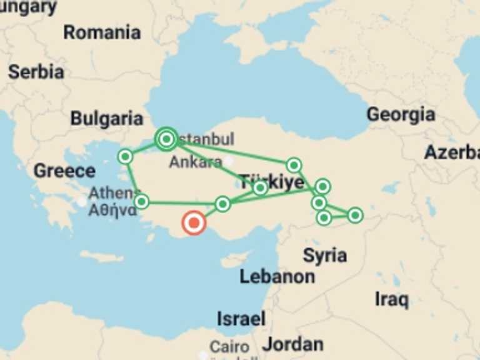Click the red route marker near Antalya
tap(194, 222)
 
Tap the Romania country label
tap(102, 32)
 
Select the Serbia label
tap(36, 72)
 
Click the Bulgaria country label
tap(107, 118)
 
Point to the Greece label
tap(64, 171)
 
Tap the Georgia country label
tap(401, 114)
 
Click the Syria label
tap(325, 255)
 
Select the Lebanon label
tap(277, 276)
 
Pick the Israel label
tap(241, 318)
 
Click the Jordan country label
tap(292, 344)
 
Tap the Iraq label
tap(392, 299)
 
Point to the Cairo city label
tap(229, 346)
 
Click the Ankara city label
tap(195, 162)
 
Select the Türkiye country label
tap(272, 182)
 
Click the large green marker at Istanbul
tap(166, 139)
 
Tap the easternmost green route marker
tap(355, 215)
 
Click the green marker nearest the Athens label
tap(142, 201)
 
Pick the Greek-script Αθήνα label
tap(112, 210)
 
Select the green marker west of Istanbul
tap(125, 156)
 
